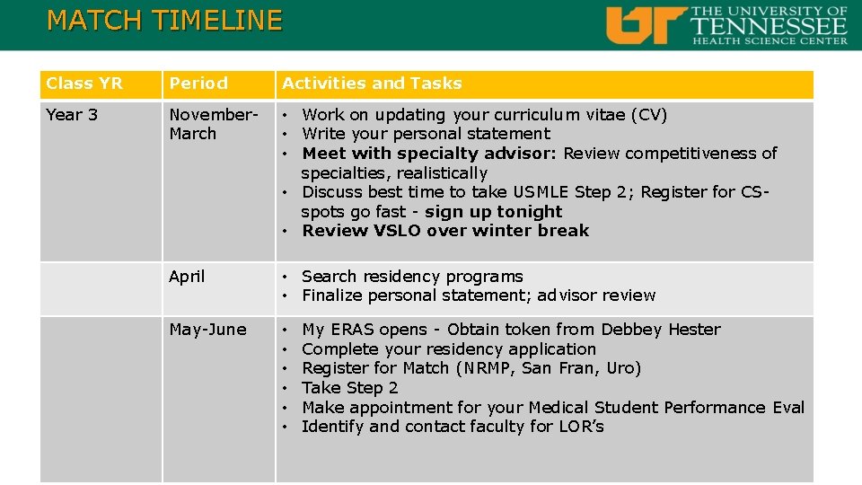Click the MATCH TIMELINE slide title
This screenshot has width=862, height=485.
[x=164, y=20]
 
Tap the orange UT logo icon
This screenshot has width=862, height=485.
[x=646, y=25]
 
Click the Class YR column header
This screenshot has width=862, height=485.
[x=84, y=84]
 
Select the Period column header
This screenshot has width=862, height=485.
[x=198, y=84]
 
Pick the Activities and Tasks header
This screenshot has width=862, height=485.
[x=372, y=84]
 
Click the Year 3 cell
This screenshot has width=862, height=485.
[x=72, y=115]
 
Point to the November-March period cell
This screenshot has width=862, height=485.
[x=214, y=124]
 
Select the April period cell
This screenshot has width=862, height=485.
[x=187, y=277]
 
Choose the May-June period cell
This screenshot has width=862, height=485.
[x=207, y=330]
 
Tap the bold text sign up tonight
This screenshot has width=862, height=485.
[x=493, y=212]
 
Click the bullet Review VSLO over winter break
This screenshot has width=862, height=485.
[x=445, y=231]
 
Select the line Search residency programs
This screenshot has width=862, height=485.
[x=412, y=277]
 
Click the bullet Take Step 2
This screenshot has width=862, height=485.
[x=349, y=388]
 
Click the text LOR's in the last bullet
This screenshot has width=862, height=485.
[x=579, y=427]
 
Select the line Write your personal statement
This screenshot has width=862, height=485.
[x=426, y=134]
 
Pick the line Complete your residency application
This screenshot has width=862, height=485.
[x=449, y=349]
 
